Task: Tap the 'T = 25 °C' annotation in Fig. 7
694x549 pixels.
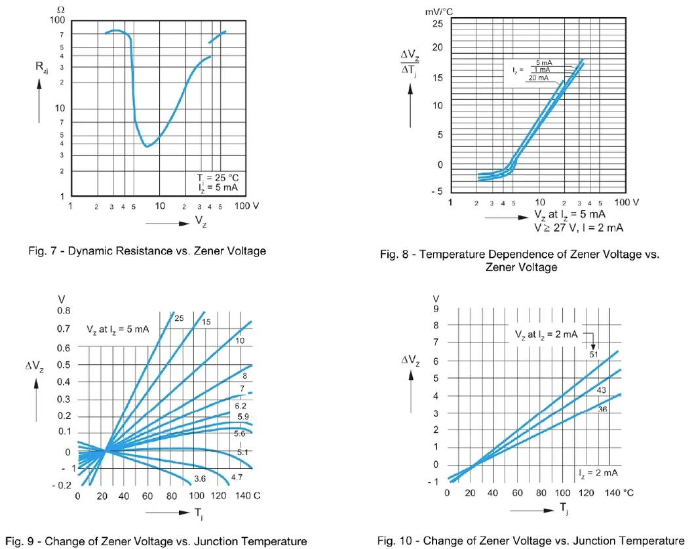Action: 218,178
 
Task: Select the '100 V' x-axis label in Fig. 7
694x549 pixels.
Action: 247,205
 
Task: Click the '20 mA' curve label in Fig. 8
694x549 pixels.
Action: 540,77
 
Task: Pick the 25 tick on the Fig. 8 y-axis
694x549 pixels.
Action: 437,24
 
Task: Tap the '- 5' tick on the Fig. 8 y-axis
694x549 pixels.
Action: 436,191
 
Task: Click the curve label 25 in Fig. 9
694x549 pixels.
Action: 178,318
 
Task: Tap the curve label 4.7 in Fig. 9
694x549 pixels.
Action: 237,477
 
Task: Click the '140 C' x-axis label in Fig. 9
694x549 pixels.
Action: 248,496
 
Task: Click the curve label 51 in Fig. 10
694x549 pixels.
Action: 594,354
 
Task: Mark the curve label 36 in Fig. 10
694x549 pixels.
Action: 603,409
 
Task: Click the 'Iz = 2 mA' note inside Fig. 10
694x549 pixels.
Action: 598,472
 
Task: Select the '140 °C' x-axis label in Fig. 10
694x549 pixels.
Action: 619,493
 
